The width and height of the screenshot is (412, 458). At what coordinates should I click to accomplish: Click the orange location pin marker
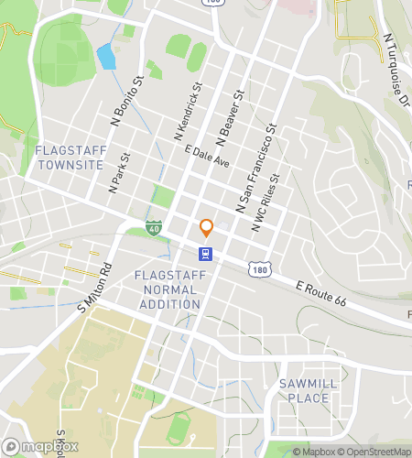point(206,227)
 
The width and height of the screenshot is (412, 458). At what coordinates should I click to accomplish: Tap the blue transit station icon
point(206,254)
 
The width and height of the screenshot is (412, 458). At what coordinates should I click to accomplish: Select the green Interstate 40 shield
point(154,226)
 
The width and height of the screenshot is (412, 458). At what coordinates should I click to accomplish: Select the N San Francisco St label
point(255,165)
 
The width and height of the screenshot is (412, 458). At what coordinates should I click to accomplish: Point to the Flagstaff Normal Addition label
point(166,289)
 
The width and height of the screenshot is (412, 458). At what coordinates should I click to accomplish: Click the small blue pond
point(105,57)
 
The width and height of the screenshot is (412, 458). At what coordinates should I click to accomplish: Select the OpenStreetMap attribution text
point(374,452)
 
